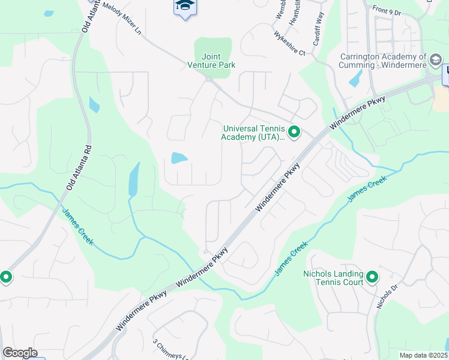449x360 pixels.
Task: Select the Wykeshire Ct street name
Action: [x=290, y=43]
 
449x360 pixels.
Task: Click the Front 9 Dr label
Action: [x=387, y=10]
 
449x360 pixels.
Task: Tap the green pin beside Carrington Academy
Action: [x=436, y=59]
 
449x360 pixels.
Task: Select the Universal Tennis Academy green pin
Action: [x=294, y=131]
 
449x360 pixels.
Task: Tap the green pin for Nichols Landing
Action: [x=372, y=277]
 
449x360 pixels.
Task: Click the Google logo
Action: [x=20, y=353]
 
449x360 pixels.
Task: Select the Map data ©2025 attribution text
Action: [x=423, y=355]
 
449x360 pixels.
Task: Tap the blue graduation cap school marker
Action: [x=184, y=7]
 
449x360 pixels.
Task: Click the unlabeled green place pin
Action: [x=5, y=277]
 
